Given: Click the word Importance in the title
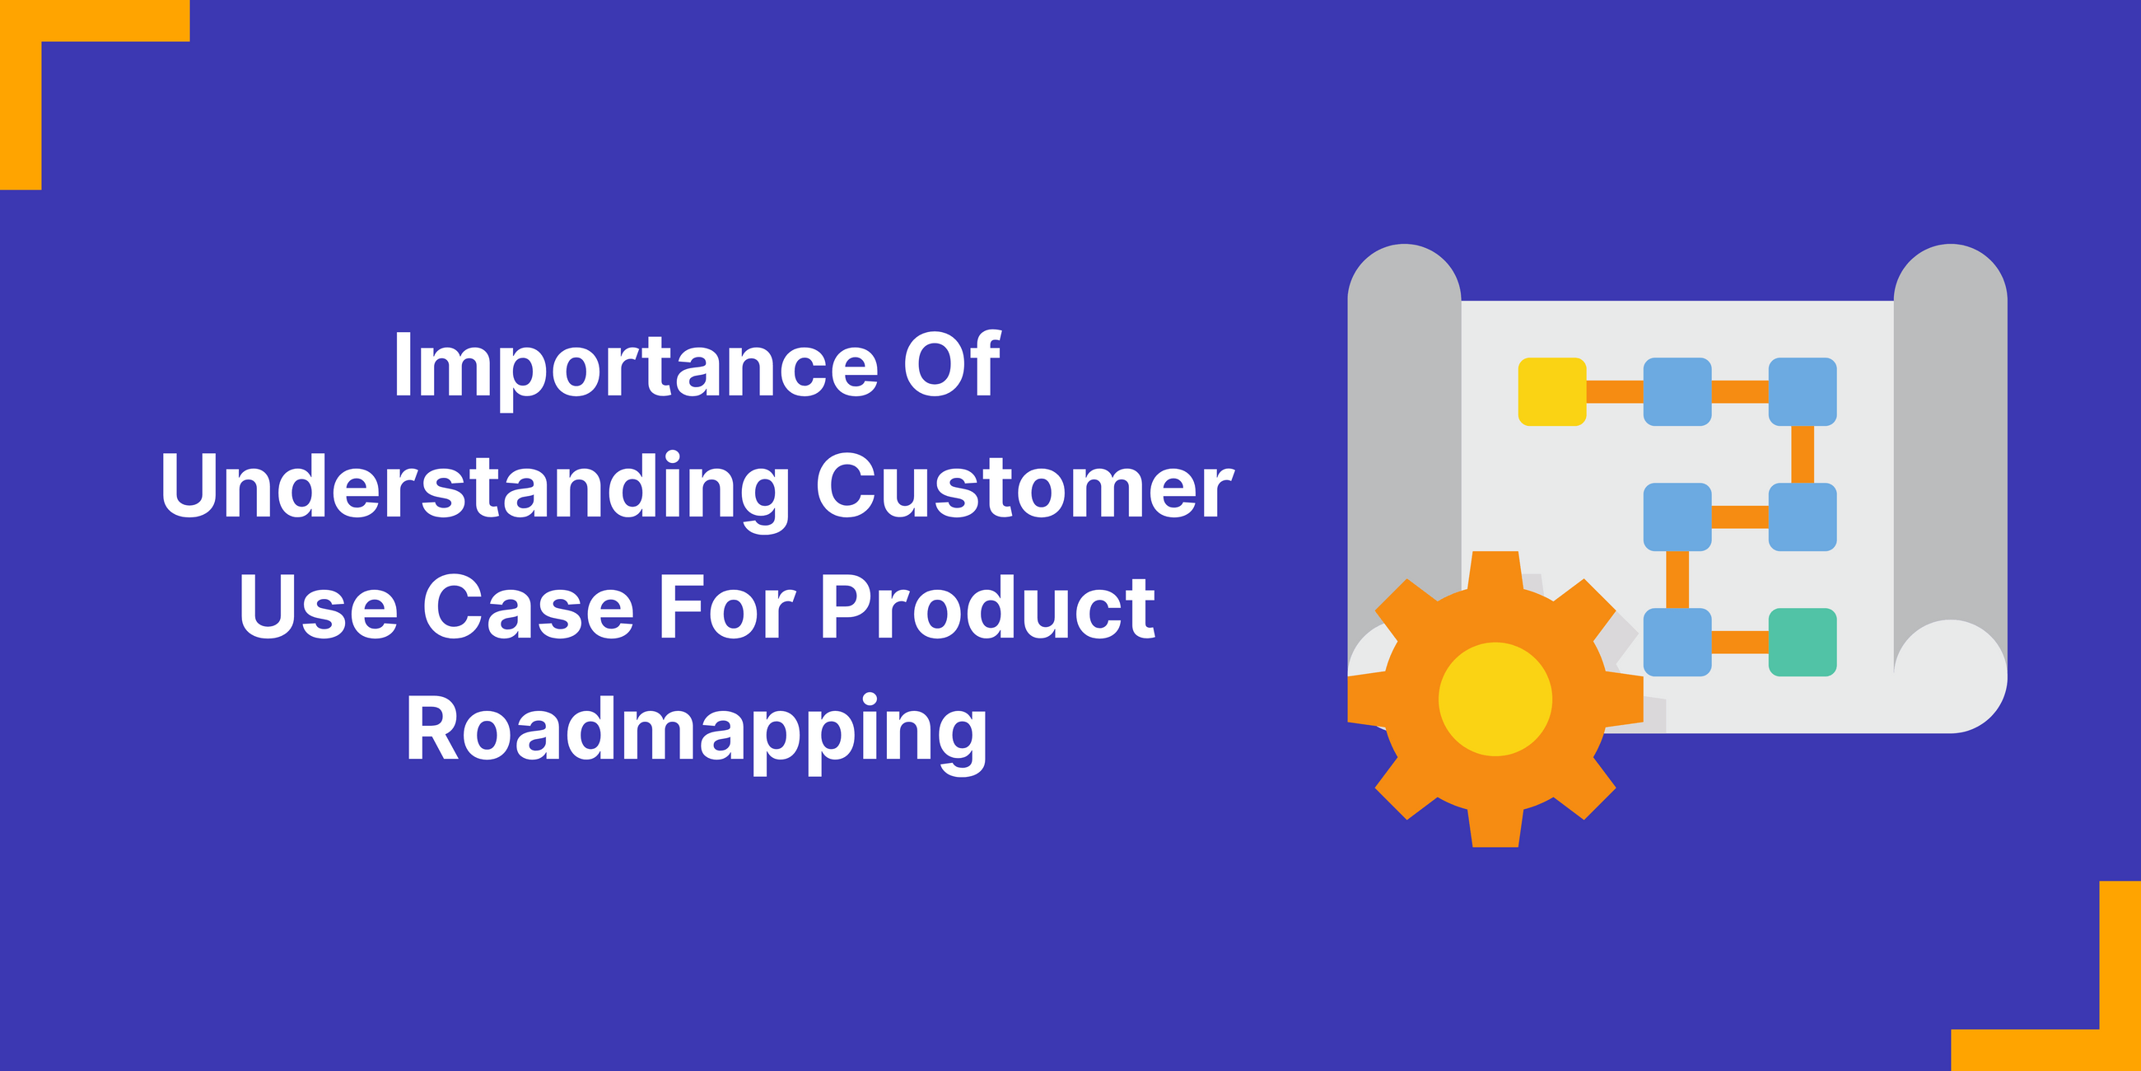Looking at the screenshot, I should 636,366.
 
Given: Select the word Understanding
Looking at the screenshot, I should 475,487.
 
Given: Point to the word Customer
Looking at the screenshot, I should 1024,487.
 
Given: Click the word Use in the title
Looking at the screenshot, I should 319,608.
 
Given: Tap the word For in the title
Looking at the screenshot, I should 727,608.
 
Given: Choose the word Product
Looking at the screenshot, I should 987,608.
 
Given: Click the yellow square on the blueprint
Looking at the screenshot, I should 1551,391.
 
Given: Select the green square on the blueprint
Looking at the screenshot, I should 1802,642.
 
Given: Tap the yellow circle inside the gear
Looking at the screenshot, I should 1495,699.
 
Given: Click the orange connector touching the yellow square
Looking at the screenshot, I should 1614,391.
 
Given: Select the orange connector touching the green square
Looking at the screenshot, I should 1739,642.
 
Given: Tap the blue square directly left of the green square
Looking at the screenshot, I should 1677,642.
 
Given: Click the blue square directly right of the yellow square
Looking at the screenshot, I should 1677,391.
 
